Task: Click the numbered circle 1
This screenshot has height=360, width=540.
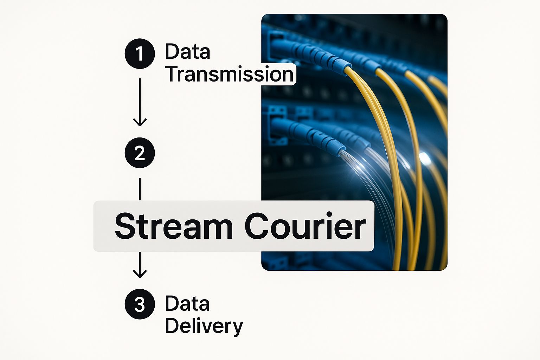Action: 140,53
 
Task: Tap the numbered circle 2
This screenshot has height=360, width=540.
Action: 140,153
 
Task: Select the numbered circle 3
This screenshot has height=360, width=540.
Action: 140,304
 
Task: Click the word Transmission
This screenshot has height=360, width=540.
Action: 230,74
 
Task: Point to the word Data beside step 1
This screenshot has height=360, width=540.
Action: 187,52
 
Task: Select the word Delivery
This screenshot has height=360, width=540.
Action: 204,326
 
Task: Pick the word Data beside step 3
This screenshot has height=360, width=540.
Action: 187,303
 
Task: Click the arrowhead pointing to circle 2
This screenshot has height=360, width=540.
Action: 140,122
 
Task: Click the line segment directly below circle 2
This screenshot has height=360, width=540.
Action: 140,189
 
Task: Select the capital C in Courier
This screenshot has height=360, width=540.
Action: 257,226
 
